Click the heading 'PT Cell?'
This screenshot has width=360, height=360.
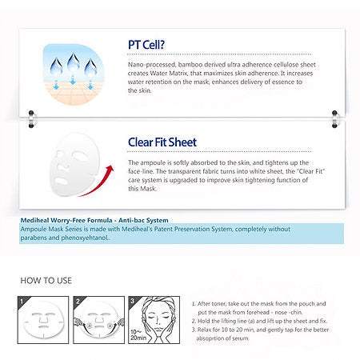pos(146,45)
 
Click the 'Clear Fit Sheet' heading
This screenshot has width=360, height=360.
pos(162,142)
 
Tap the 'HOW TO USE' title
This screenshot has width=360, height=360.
pos(46,281)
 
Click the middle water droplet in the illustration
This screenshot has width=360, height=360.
pos(74,62)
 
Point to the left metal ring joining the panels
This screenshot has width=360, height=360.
pos(32,119)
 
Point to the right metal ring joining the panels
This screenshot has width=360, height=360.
pos(335,119)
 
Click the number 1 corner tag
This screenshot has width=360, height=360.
pos(22,302)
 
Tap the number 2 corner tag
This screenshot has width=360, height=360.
pos(78,302)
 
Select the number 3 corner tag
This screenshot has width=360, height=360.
pos(132,302)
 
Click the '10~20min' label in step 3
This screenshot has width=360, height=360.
pos(138,334)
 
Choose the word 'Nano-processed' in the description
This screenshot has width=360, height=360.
pos(152,65)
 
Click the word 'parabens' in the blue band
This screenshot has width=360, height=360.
pos(34,238)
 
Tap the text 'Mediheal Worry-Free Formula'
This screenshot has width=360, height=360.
pos(66,220)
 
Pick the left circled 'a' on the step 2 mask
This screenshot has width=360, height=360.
pos(90,326)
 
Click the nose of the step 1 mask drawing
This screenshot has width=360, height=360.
pos(43,319)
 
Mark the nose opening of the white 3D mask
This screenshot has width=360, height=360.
pos(63,168)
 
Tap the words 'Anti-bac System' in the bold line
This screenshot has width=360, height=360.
pos(143,220)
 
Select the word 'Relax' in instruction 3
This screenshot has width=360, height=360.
pos(204,330)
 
